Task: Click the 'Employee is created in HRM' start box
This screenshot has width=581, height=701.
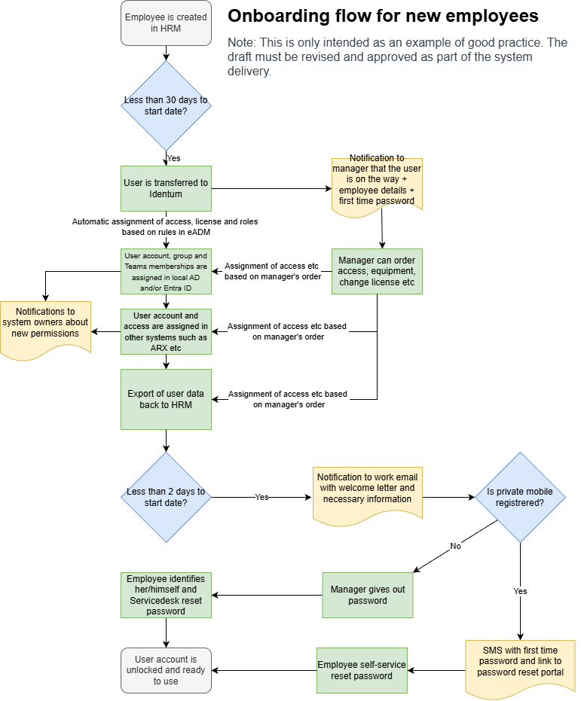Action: [x=166, y=23]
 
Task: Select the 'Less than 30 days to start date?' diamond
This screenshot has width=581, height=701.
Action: [x=166, y=105]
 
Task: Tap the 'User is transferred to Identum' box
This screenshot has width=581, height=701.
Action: [x=166, y=188]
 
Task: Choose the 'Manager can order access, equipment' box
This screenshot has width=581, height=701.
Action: [x=377, y=271]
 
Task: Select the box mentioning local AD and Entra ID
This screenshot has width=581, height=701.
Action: [x=166, y=271]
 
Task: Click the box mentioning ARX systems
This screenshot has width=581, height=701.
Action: [x=166, y=331]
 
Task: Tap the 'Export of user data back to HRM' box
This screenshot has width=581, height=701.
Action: [x=166, y=399]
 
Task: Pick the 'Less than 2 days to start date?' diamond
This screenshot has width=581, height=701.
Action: [x=166, y=497]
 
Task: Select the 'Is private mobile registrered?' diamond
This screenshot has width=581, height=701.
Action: [x=520, y=497]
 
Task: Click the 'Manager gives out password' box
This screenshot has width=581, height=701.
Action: [x=368, y=595]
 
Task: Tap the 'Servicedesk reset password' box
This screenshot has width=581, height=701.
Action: [x=166, y=595]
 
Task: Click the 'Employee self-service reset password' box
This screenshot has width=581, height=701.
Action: [x=362, y=670]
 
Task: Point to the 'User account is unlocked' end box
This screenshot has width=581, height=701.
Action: [x=166, y=670]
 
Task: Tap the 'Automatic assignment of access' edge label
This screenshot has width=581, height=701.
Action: [x=167, y=227]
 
